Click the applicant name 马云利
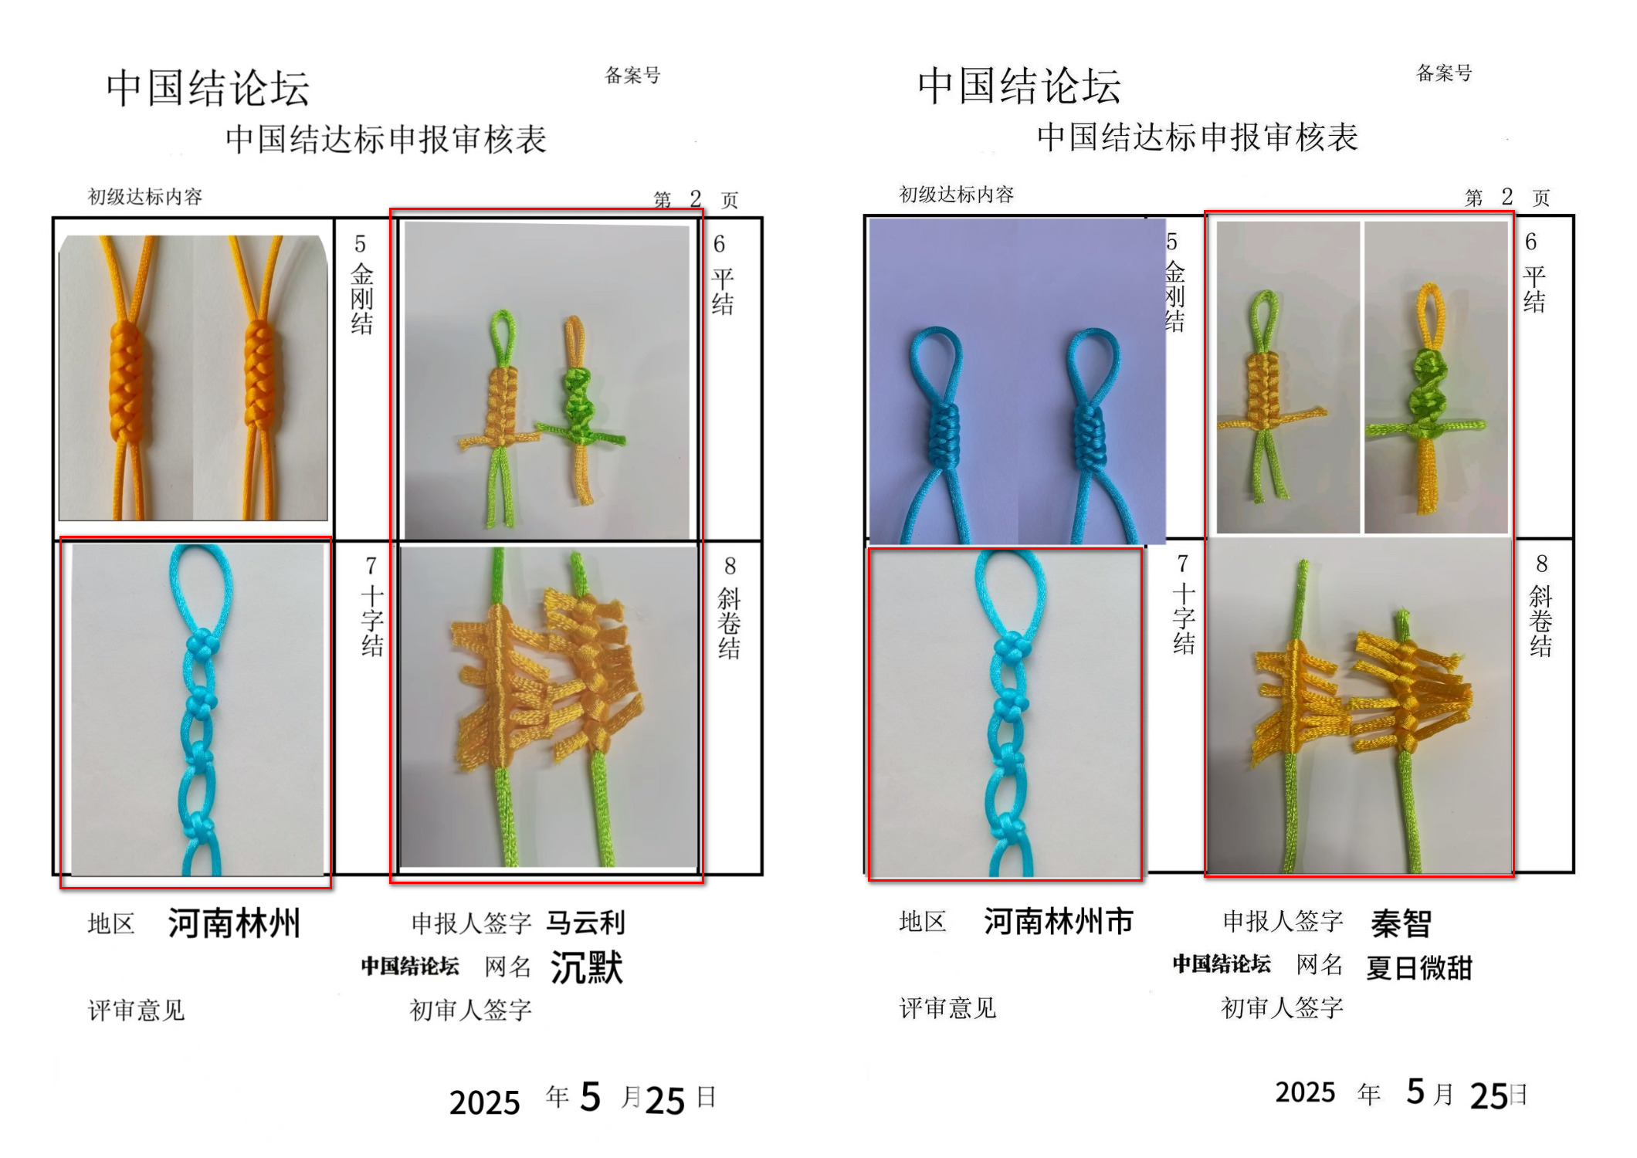585,923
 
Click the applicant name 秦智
1401,923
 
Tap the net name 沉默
586,967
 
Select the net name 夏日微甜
1419,967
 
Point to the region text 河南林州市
1059,921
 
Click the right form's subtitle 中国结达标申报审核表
1197,137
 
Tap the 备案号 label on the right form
1444,73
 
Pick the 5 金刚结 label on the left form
361,285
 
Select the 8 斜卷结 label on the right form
1540,606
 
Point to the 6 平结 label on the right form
1534,273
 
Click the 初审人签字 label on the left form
470,1010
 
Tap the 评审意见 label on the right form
947,1007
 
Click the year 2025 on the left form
484,1102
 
